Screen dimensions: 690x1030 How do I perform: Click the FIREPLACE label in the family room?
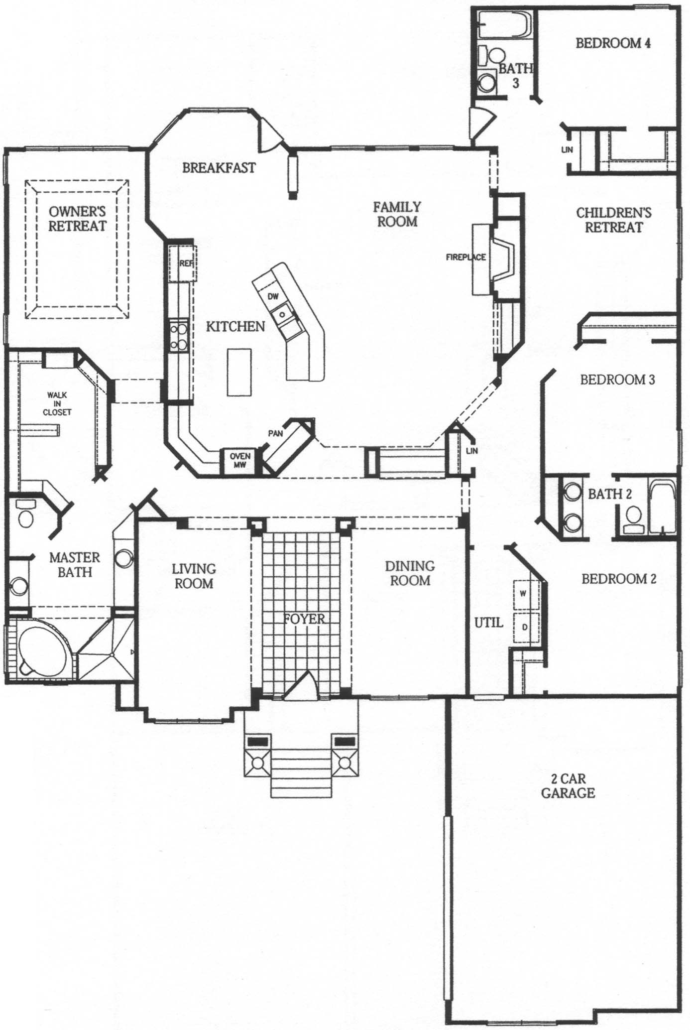coord(465,257)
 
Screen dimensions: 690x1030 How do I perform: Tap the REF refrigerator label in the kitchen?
coord(186,263)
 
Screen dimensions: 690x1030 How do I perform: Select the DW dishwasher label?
coord(273,296)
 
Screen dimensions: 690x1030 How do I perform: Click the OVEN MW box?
coord(240,461)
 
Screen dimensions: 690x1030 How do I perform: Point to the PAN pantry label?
coord(275,433)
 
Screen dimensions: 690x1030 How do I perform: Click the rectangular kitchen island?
coord(239,372)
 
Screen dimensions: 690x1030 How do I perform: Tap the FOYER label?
coord(304,619)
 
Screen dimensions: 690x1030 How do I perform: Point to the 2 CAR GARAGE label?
coord(568,785)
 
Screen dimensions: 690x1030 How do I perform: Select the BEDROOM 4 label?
coord(613,43)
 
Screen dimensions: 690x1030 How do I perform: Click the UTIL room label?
coord(488,623)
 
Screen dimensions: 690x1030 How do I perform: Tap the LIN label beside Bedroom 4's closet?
coord(567,149)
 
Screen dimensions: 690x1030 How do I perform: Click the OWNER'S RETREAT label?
coord(77,219)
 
